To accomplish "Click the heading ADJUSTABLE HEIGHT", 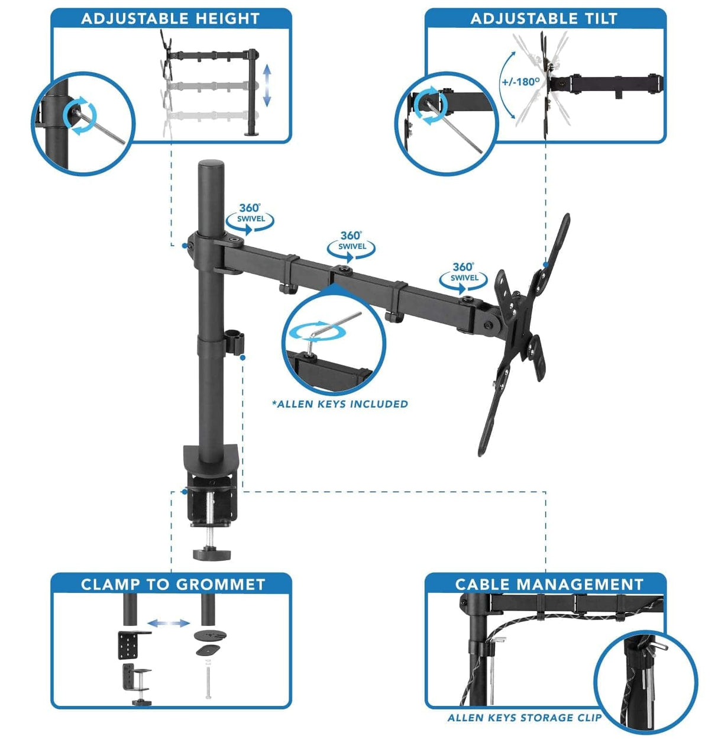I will pos(170,19).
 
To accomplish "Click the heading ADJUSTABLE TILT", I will pos(544,19).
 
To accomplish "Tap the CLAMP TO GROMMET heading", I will pos(173,585).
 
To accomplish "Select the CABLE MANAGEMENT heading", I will pos(549,585).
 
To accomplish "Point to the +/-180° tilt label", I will pos(520,82).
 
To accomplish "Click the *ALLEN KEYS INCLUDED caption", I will pos(340,404).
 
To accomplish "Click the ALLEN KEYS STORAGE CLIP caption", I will pos(523,718).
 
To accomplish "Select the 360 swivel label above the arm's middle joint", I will pos(351,241).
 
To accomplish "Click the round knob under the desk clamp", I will pos(211,554).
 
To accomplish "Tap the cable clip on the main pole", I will pos(235,343).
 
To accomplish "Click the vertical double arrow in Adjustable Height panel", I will pos(267,86).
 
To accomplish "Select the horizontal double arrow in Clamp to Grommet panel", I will pos(169,623).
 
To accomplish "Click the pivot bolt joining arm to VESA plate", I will pos(489,324).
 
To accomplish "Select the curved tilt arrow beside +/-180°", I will pos(506,89).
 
